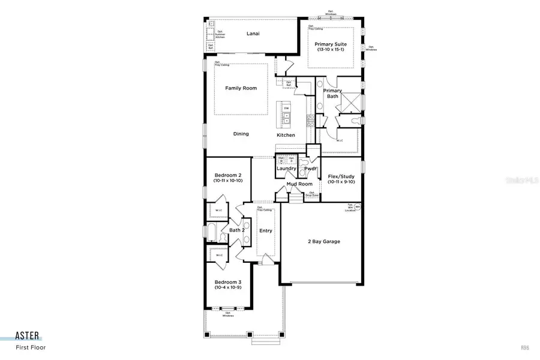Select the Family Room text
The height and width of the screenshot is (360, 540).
pyautogui.click(x=241, y=88)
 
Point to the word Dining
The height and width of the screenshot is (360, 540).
pyautogui.click(x=241, y=134)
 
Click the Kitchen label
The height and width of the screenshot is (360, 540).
pyautogui.click(x=286, y=135)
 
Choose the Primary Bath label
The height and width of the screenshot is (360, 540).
pyautogui.click(x=332, y=93)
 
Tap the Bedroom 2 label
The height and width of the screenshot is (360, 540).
pyautogui.click(x=228, y=175)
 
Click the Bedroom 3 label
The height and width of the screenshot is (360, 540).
pyautogui.click(x=228, y=282)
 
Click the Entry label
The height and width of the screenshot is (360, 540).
pyautogui.click(x=265, y=230)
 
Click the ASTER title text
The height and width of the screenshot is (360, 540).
pyautogui.click(x=28, y=337)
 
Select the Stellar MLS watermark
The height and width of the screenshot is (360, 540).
pyautogui.click(x=520, y=179)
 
